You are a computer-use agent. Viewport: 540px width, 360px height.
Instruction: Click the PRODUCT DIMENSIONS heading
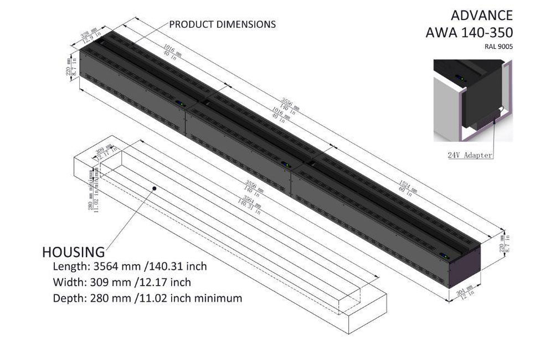pos(222,24)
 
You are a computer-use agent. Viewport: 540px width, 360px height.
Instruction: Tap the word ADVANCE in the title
pos(481,15)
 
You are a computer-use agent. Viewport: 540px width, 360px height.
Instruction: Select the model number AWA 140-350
pos(469,32)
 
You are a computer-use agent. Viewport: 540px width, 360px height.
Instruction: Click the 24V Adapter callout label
pos(470,155)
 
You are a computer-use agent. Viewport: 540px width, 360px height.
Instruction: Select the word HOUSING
pos(73,253)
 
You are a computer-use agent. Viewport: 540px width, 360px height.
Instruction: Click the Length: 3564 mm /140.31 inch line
pos(130,266)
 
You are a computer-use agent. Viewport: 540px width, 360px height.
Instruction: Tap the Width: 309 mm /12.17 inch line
pos(122,282)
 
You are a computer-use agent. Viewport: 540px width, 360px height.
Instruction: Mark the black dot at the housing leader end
pos(155,189)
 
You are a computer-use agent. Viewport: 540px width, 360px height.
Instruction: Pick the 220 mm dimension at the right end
pos(502,242)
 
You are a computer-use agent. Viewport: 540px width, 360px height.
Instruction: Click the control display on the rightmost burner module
pos(444,255)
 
